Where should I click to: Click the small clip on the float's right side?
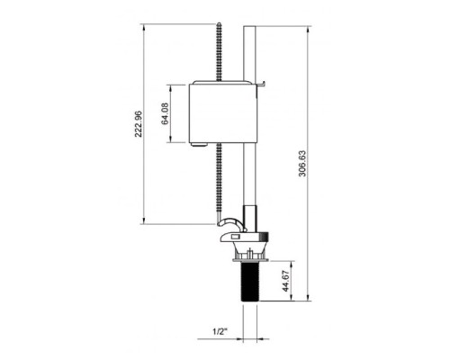click(261, 86)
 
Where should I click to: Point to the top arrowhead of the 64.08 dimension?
click(171, 85)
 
